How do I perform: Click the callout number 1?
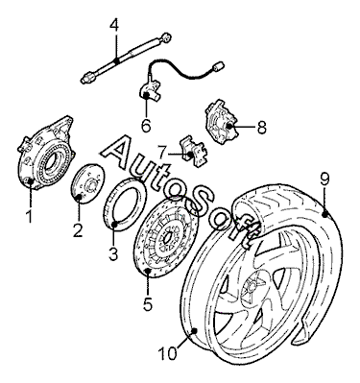click(x=29, y=216)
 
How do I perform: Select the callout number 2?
click(x=78, y=231)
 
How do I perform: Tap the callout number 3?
click(x=113, y=253)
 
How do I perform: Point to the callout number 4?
click(x=114, y=25)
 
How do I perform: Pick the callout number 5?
click(x=147, y=303)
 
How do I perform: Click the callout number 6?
click(x=146, y=126)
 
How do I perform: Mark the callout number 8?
click(x=261, y=128)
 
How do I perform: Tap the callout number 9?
click(x=324, y=180)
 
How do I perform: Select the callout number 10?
click(x=168, y=353)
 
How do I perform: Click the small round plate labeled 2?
click(x=86, y=184)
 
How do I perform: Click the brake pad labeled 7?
click(x=194, y=152)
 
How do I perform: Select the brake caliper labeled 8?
click(x=222, y=121)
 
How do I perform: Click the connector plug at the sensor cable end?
click(x=218, y=66)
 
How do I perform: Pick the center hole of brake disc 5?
click(x=168, y=238)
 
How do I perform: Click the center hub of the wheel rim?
click(x=251, y=285)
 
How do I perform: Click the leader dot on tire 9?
click(x=325, y=214)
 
